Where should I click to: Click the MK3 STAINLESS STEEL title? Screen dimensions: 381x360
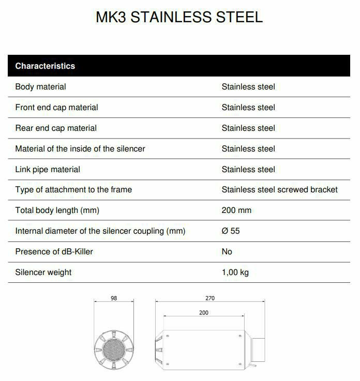point(179,17)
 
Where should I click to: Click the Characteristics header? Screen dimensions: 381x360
point(45,66)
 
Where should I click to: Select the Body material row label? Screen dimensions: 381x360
point(40,87)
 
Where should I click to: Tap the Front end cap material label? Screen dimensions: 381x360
point(56,108)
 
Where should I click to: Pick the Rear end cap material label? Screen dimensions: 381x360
point(56,128)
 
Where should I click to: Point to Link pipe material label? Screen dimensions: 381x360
point(48,170)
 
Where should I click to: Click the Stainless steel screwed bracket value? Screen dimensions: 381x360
point(279,190)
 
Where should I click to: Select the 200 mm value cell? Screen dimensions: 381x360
point(236,210)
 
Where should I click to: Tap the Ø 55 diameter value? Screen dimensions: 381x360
point(231,231)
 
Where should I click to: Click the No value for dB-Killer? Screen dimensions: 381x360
point(227,252)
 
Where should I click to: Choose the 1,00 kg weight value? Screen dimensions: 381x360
point(235,272)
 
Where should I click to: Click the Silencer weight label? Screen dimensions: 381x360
point(43,272)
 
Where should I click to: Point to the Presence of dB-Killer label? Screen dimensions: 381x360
point(54,252)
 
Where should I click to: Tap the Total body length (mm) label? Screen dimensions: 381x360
point(57,210)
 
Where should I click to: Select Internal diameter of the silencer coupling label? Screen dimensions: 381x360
point(100,231)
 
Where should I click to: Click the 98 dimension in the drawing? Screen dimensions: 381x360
point(114,298)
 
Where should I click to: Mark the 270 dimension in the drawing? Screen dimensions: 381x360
point(209,298)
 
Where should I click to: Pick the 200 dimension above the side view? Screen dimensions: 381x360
point(204,313)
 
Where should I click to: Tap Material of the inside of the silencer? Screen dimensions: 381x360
point(80,149)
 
